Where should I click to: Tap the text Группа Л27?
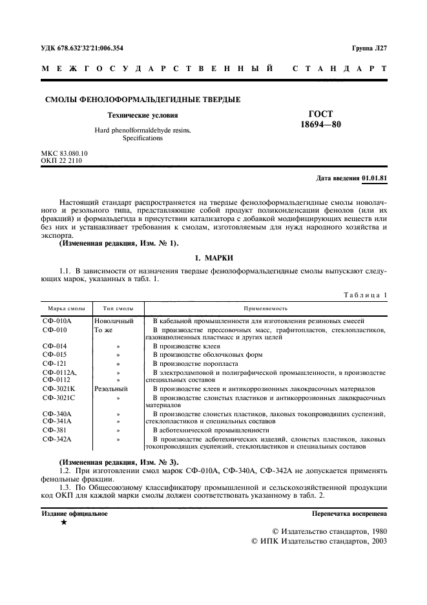click(369, 48)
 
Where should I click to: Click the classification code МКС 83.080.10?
click(64, 153)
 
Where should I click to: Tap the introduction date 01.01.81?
click(375, 177)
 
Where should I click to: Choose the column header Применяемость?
click(266, 309)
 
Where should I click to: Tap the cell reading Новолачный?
click(114, 321)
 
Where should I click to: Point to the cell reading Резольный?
click(111, 389)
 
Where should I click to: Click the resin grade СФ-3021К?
click(59, 389)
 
